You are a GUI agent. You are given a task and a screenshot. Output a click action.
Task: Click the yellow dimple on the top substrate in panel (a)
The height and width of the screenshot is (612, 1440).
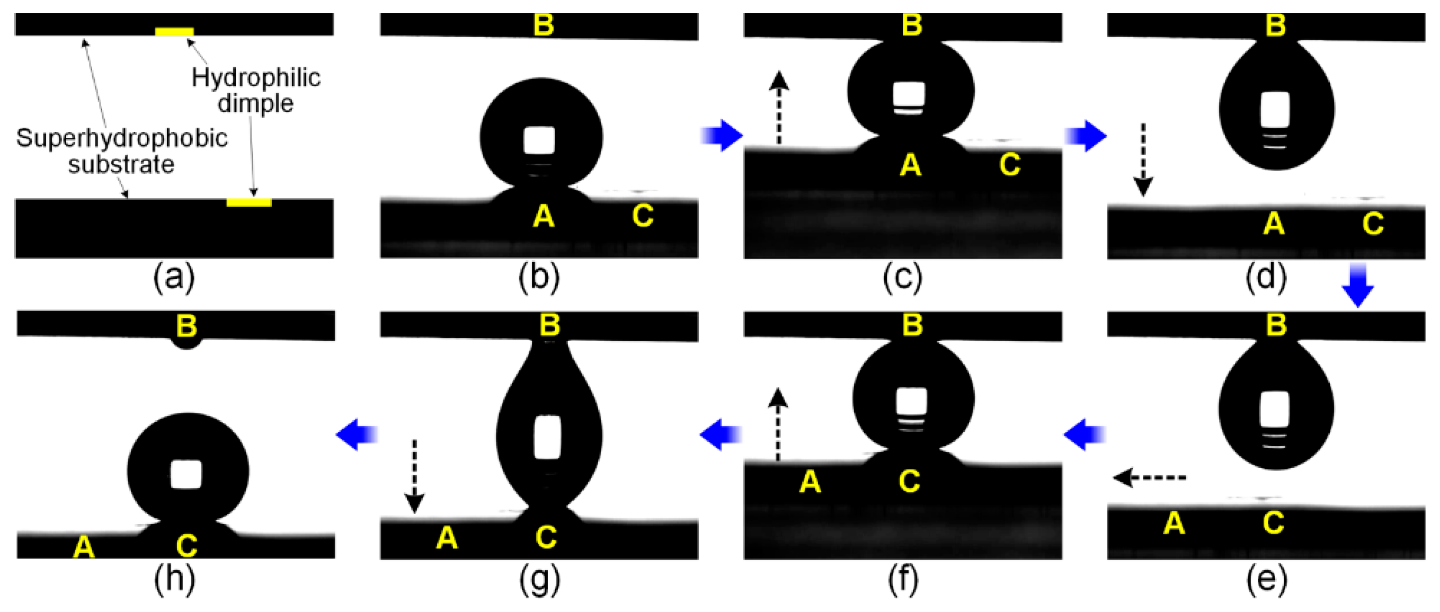tap(174, 32)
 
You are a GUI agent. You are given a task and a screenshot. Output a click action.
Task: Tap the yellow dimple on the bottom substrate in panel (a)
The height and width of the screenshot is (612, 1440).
tap(249, 202)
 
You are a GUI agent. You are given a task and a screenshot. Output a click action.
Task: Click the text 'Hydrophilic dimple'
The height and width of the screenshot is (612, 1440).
tap(256, 91)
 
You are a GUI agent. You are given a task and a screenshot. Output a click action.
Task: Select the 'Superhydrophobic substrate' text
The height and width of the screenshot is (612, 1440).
tap(122, 151)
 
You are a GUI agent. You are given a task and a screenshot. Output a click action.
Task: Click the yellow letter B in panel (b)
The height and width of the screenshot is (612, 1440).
tap(544, 25)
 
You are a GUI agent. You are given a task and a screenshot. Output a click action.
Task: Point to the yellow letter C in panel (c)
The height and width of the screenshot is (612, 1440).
tap(1010, 165)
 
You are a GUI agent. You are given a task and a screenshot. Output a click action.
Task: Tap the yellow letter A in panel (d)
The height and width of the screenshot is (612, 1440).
tap(1274, 224)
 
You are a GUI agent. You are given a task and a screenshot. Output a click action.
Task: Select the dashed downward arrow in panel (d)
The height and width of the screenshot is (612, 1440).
tap(1143, 160)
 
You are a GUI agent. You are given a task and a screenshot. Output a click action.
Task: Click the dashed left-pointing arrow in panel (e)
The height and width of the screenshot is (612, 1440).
tap(1149, 478)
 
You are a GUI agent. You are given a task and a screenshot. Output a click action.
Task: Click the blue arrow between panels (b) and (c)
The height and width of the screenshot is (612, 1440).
tap(722, 136)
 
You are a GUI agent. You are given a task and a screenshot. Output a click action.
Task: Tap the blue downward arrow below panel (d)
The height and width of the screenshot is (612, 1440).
tap(1358, 285)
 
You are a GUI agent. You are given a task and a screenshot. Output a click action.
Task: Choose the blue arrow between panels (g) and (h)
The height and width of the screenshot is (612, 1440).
tap(357, 434)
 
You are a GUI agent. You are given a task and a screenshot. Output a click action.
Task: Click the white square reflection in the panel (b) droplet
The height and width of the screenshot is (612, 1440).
tap(539, 140)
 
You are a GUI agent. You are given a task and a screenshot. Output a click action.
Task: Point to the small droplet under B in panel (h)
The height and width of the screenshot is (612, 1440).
tap(186, 342)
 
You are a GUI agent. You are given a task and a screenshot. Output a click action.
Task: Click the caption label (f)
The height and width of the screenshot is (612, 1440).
tap(903, 580)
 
